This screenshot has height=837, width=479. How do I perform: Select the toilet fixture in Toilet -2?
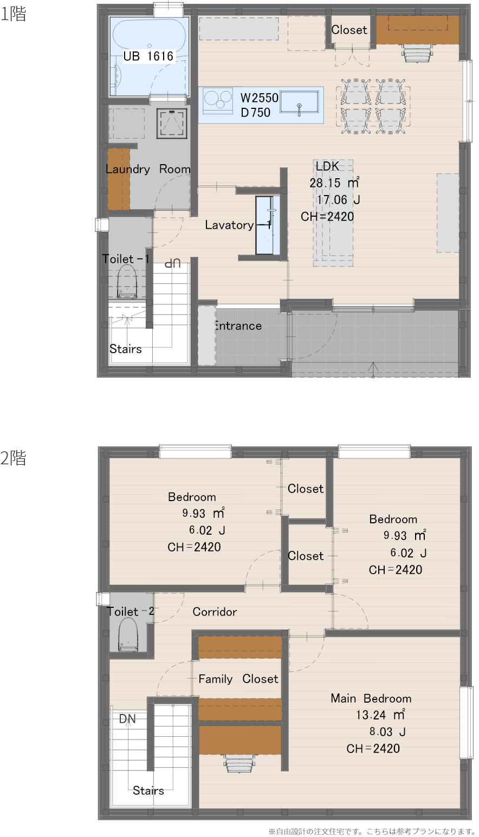(x=128, y=634)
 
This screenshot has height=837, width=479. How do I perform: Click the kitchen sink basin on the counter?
(x=299, y=102)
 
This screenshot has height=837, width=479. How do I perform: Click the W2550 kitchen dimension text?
(x=260, y=98)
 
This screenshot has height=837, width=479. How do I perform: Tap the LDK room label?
(x=327, y=166)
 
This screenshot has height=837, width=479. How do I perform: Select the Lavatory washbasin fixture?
(x=268, y=225)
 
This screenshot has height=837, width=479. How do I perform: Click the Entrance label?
(x=238, y=326)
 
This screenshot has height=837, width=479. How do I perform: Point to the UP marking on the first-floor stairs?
(x=173, y=263)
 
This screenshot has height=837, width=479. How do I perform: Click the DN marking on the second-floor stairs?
(x=127, y=718)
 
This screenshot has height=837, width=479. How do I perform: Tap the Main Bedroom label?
(x=371, y=698)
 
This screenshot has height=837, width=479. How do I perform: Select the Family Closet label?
(x=238, y=679)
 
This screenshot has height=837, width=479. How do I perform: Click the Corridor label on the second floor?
(x=215, y=612)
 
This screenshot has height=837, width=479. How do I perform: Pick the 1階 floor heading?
(x=13, y=14)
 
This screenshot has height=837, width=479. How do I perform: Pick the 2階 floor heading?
(x=13, y=458)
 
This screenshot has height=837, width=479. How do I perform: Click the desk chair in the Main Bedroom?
(x=239, y=762)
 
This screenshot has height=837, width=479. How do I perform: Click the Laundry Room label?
(x=148, y=169)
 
